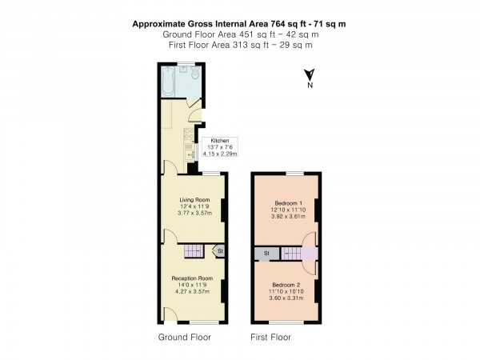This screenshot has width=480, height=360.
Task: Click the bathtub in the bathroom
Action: (167, 81)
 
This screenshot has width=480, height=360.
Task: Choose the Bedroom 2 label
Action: (286, 285)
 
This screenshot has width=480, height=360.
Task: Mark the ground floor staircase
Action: (194, 252)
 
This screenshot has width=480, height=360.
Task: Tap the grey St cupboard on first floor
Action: (265, 254)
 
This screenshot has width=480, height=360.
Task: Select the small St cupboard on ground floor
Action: (219, 252)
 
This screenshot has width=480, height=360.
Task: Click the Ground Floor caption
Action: (185, 337)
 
